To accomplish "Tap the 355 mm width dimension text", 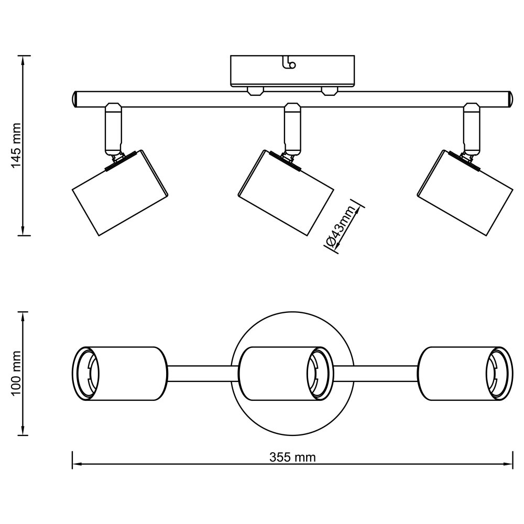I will click(x=292, y=457).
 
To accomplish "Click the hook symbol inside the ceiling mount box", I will click(x=289, y=63).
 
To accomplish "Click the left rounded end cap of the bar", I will click(x=75, y=99).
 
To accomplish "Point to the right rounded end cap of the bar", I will click(x=508, y=99).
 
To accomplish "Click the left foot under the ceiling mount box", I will click(x=255, y=91).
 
